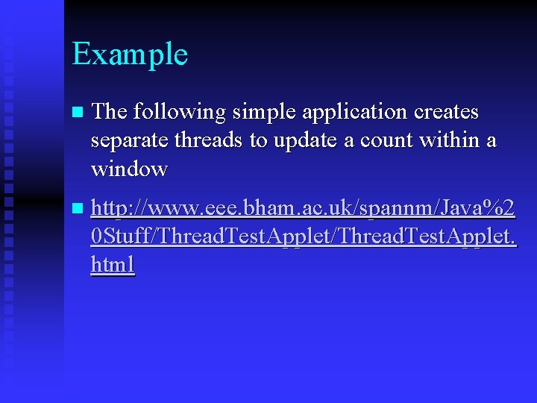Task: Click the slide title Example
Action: coord(130,54)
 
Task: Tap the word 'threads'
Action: coord(209,141)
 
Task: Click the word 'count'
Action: coord(385,141)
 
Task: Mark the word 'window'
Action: coord(129,169)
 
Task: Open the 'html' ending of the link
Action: coord(113,265)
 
